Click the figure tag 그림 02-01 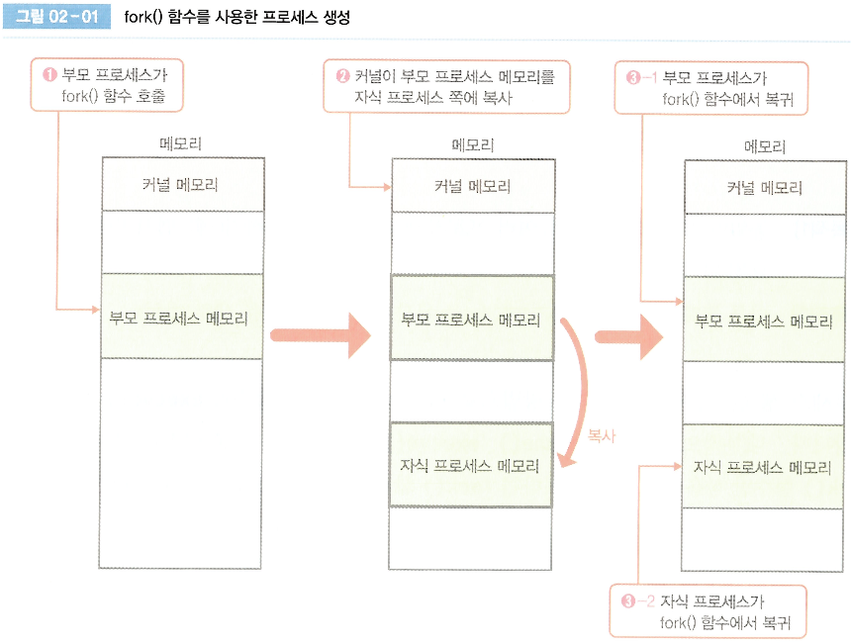(x=57, y=18)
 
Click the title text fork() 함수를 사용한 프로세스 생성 (x=237, y=18)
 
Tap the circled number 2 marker (x=343, y=76)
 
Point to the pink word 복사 (x=602, y=435)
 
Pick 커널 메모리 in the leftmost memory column (x=181, y=184)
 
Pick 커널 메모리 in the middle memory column (x=472, y=186)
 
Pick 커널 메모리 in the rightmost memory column (x=764, y=188)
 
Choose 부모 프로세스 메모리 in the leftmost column (x=181, y=318)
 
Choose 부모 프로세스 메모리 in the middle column (x=471, y=320)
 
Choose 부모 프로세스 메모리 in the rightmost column (x=764, y=321)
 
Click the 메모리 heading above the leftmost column (x=181, y=144)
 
